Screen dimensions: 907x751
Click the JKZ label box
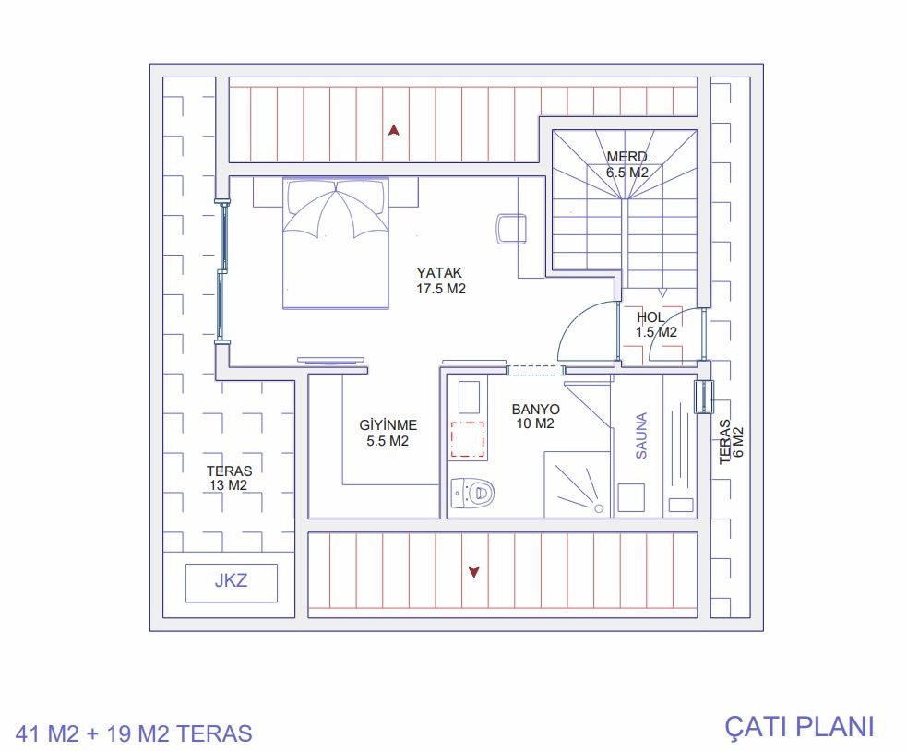click(x=232, y=583)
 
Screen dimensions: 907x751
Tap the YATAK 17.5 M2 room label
click(x=441, y=280)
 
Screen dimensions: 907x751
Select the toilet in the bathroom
click(x=472, y=493)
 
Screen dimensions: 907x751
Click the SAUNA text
click(x=641, y=435)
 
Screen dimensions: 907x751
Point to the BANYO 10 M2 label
click(x=536, y=417)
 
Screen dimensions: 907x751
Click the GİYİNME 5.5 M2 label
click(x=388, y=433)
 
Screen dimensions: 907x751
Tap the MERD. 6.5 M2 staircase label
click(x=627, y=164)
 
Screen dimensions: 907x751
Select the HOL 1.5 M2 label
click(x=656, y=325)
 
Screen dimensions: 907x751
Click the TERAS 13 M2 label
click(x=229, y=478)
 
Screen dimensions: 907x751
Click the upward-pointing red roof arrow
click(x=394, y=130)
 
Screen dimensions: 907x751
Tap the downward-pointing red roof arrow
click(x=474, y=572)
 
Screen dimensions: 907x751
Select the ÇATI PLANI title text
click(x=799, y=727)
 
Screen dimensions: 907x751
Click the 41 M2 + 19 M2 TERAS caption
click(x=134, y=733)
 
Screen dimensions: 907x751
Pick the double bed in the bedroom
click(x=336, y=243)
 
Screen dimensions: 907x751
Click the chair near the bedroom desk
click(x=511, y=229)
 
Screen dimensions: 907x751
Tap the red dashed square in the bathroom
click(x=468, y=440)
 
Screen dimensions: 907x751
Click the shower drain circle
click(x=599, y=508)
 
